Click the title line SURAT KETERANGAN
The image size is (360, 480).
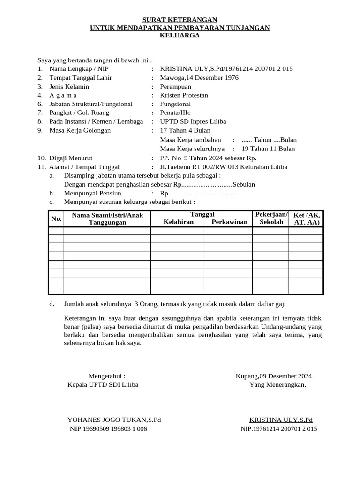pyautogui.click(x=180, y=20)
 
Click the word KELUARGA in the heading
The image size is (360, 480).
pyautogui.click(x=180, y=36)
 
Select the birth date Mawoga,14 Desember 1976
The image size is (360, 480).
pyautogui.click(x=199, y=78)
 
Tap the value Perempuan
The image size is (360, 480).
pyautogui.click(x=176, y=87)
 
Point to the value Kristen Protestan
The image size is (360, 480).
pyautogui.click(x=184, y=95)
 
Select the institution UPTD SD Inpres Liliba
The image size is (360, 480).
pyautogui.click(x=193, y=121)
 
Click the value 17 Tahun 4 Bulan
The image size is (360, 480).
pyautogui.click(x=185, y=130)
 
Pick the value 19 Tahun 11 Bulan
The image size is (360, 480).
pyautogui.click(x=268, y=149)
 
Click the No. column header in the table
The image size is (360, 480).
pyautogui.click(x=56, y=218)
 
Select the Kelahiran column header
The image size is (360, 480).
pyautogui.click(x=178, y=222)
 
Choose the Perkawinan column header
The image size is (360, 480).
pyautogui.click(x=229, y=222)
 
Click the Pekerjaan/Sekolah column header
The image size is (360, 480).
pyautogui.click(x=271, y=218)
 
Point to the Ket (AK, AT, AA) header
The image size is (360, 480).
pyautogui.click(x=307, y=218)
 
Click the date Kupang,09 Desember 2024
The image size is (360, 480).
pyautogui.click(x=273, y=376)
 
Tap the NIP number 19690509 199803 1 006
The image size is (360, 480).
pyautogui.click(x=108, y=429)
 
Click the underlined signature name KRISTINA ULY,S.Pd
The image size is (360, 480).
pyautogui.click(x=281, y=420)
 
